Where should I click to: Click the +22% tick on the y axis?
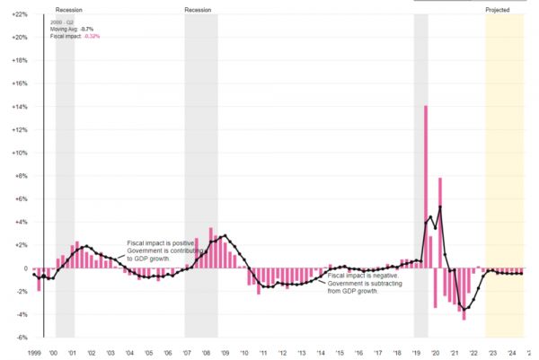click(x=19, y=15)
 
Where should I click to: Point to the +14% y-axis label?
click(x=19, y=107)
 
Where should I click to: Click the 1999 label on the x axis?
click(x=35, y=353)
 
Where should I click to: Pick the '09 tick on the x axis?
click(x=225, y=353)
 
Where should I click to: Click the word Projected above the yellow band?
click(x=498, y=10)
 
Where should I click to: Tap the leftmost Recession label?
click(x=69, y=10)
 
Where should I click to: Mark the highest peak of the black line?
click(x=440, y=207)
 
